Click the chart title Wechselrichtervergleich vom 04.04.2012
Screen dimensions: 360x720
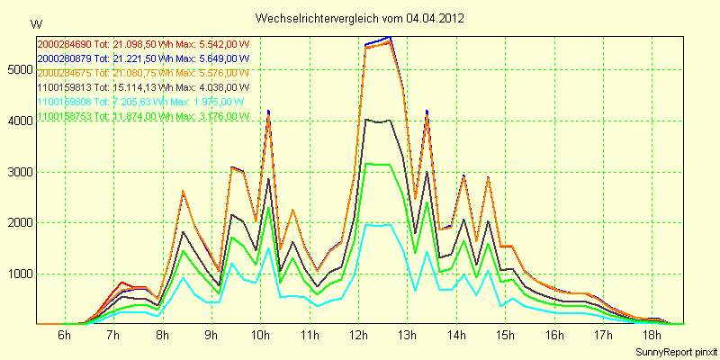pyautogui.click(x=359, y=18)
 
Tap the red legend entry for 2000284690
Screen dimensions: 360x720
pyautogui.click(x=143, y=43)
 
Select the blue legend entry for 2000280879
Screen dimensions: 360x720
pyautogui.click(x=143, y=58)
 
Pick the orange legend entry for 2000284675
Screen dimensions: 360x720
pyautogui.click(x=143, y=72)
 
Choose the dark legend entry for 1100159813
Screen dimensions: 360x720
pyautogui.click(x=143, y=86)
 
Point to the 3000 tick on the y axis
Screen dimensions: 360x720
pyautogui.click(x=19, y=172)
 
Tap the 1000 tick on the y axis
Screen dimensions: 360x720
pyautogui.click(x=19, y=274)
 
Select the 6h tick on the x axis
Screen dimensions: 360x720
pyautogui.click(x=64, y=335)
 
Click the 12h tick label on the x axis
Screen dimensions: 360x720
pyautogui.click(x=359, y=335)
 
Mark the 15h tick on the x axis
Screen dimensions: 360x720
pyautogui.click(x=507, y=335)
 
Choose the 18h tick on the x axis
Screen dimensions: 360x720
pyautogui.click(x=654, y=335)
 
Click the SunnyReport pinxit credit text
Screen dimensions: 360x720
pyautogui.click(x=673, y=349)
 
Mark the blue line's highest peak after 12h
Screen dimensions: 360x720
pyautogui.click(x=389, y=37)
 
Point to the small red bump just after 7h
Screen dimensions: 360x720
pyautogui.click(x=123, y=283)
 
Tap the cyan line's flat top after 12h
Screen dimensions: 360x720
pyautogui.click(x=377, y=225)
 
